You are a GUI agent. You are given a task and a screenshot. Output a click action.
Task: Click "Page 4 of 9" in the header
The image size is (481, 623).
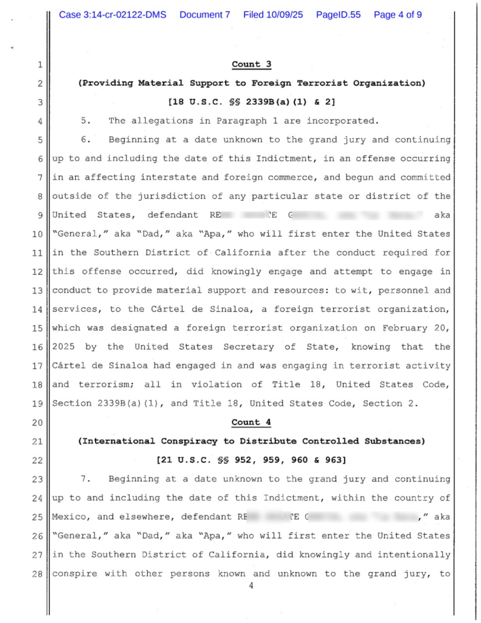click(x=398, y=15)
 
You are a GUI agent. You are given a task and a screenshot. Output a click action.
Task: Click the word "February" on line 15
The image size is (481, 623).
click(x=405, y=328)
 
